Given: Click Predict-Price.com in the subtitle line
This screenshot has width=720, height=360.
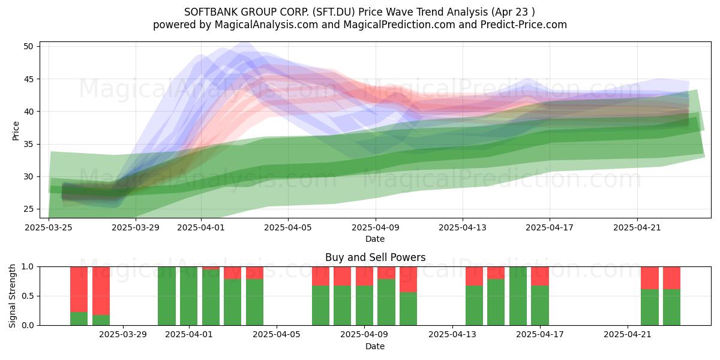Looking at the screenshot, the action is click(x=524, y=25).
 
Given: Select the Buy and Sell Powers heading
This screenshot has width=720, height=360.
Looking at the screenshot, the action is click(x=375, y=257).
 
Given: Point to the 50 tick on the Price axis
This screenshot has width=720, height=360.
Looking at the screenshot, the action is click(x=28, y=46).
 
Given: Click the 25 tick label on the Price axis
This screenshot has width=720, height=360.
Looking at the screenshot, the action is click(x=28, y=209).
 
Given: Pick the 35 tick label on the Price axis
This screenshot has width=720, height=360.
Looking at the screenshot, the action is click(x=28, y=144).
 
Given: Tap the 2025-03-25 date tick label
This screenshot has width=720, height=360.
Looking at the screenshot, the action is click(x=49, y=227).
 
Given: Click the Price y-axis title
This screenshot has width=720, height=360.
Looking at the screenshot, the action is click(x=16, y=131).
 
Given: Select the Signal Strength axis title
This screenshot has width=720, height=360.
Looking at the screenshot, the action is click(x=12, y=296).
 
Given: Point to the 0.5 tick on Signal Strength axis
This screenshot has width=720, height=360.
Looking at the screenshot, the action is click(x=28, y=296).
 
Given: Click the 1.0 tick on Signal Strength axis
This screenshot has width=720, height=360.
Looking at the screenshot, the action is click(x=28, y=267).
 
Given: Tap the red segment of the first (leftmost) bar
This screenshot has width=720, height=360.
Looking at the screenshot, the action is click(x=79, y=289).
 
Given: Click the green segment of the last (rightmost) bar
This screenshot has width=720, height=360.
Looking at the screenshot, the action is click(x=671, y=307).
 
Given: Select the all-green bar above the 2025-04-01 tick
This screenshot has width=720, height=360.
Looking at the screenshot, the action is click(x=188, y=296).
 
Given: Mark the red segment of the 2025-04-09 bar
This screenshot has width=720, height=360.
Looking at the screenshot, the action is click(x=364, y=276).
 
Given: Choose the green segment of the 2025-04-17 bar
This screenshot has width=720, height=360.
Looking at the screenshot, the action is click(x=539, y=305).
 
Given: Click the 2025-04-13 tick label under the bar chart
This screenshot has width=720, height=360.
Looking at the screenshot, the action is click(x=452, y=335).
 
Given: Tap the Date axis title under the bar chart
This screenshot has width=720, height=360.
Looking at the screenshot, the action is click(x=375, y=346).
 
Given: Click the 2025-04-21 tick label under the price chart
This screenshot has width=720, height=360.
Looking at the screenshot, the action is click(x=637, y=227).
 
